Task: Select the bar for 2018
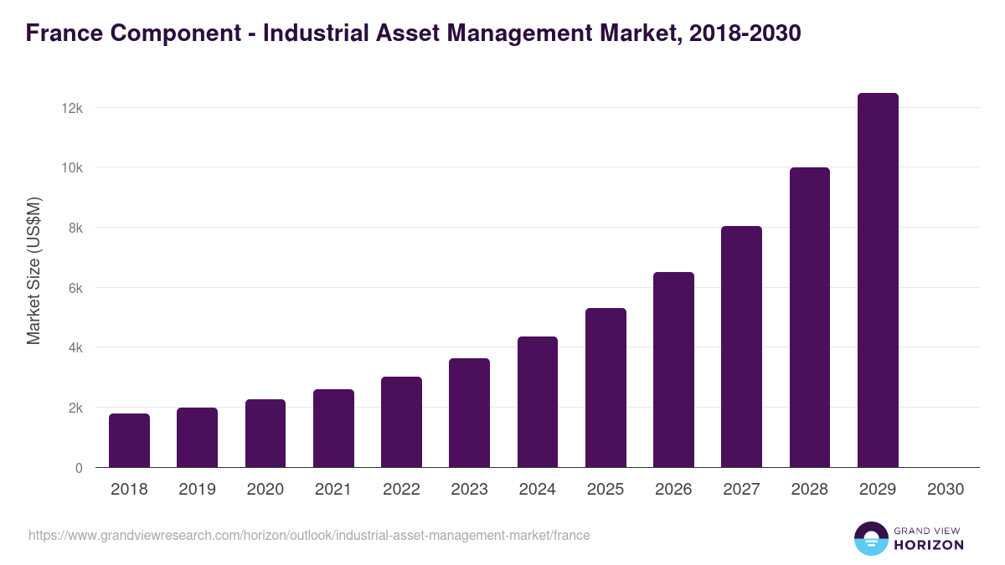click(x=129, y=440)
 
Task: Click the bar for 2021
click(x=333, y=429)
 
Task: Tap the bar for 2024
click(x=538, y=402)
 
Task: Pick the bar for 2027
click(x=741, y=347)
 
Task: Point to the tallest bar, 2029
click(x=878, y=280)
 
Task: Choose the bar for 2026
click(x=673, y=370)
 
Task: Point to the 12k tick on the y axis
click(x=71, y=108)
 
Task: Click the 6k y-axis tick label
click(x=74, y=288)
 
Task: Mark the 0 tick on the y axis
click(x=79, y=468)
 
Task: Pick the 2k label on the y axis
click(x=74, y=408)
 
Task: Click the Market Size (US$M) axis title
click(x=33, y=270)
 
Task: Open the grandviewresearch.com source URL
click(x=309, y=535)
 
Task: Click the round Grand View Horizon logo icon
click(x=870, y=538)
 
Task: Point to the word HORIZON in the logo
click(x=928, y=545)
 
